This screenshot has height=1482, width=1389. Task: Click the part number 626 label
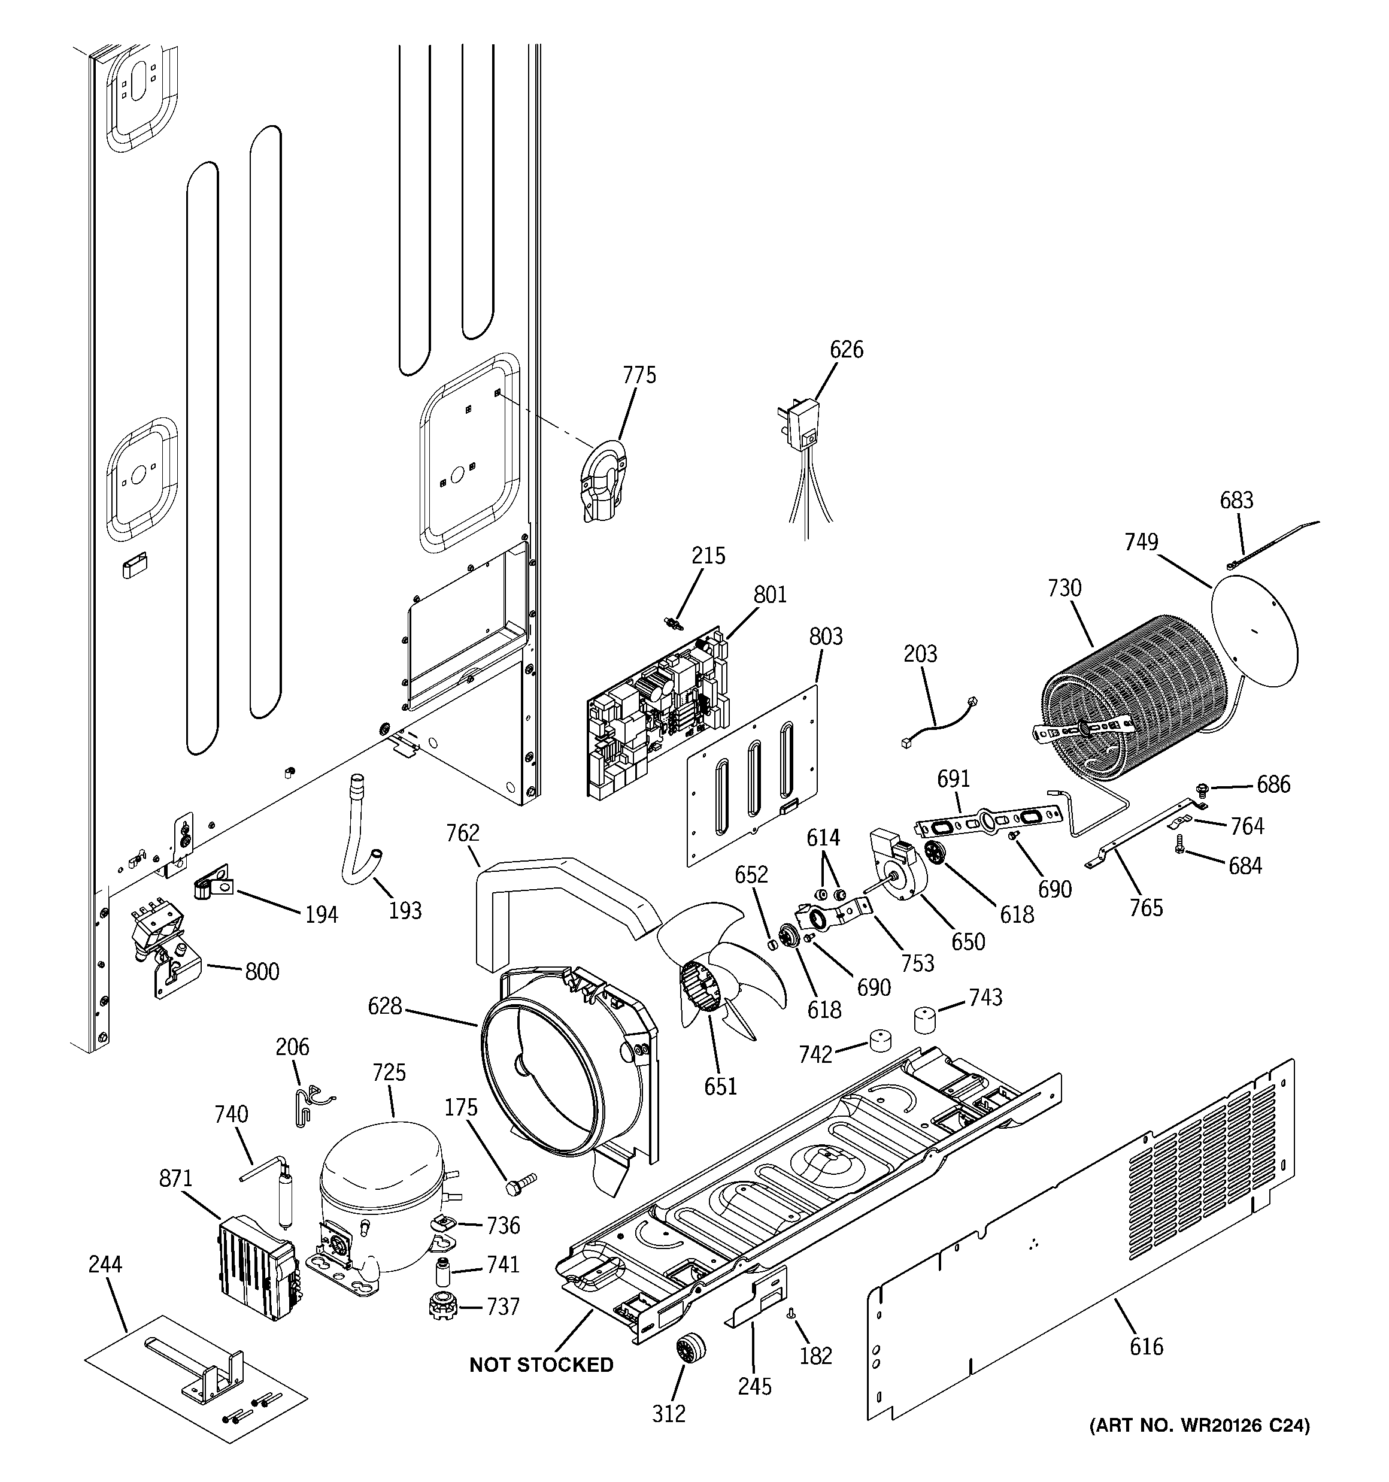pyautogui.click(x=846, y=349)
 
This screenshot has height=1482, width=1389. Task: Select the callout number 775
pyautogui.click(x=639, y=375)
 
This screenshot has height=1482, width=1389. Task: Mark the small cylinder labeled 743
pyautogui.click(x=924, y=1019)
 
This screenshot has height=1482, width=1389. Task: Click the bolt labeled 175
pyautogui.click(x=520, y=1184)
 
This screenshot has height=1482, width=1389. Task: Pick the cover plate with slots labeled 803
pyautogui.click(x=751, y=775)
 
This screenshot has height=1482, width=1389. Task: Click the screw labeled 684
pyautogui.click(x=1180, y=863)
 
